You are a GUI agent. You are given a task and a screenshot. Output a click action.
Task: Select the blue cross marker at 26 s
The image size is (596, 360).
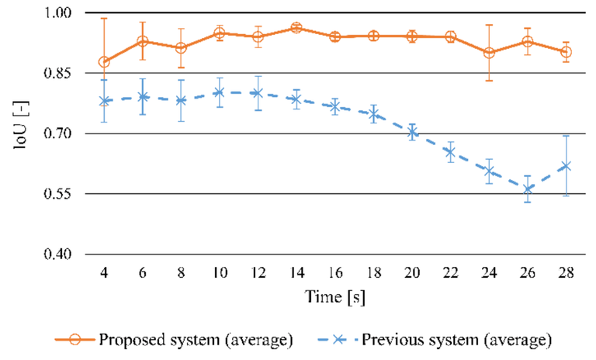tap(528, 189)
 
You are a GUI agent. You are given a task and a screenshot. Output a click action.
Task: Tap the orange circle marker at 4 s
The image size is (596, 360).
tap(104, 62)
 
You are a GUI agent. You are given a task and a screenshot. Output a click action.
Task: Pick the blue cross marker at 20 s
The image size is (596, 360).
tap(412, 133)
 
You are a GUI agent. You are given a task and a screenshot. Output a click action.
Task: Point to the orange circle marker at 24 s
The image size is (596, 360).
tap(489, 53)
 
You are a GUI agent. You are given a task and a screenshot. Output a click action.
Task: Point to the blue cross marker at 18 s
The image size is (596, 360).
tap(373, 115)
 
